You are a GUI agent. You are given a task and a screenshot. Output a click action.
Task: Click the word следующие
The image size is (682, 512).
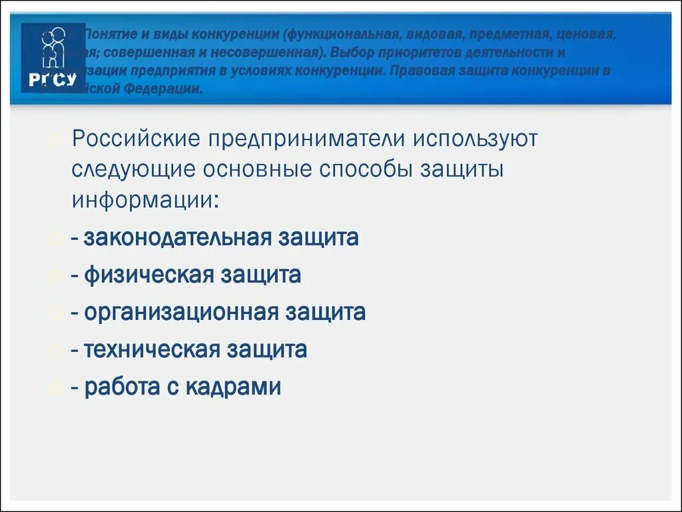(x=133, y=169)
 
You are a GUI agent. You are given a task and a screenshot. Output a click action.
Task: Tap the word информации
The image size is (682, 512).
(x=144, y=199)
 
